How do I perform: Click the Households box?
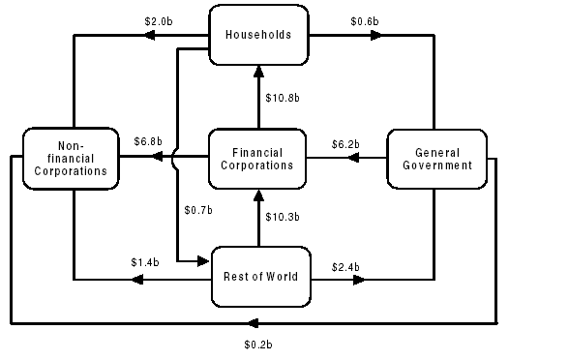coord(257,36)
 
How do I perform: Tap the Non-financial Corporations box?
coord(66,158)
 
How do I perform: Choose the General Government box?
coord(436,158)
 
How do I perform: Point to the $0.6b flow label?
coord(363,20)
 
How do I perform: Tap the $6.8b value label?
coord(148,141)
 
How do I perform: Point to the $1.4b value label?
coord(144,262)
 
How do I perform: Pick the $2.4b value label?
coord(345,265)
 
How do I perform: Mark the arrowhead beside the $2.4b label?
coord(359,280)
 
